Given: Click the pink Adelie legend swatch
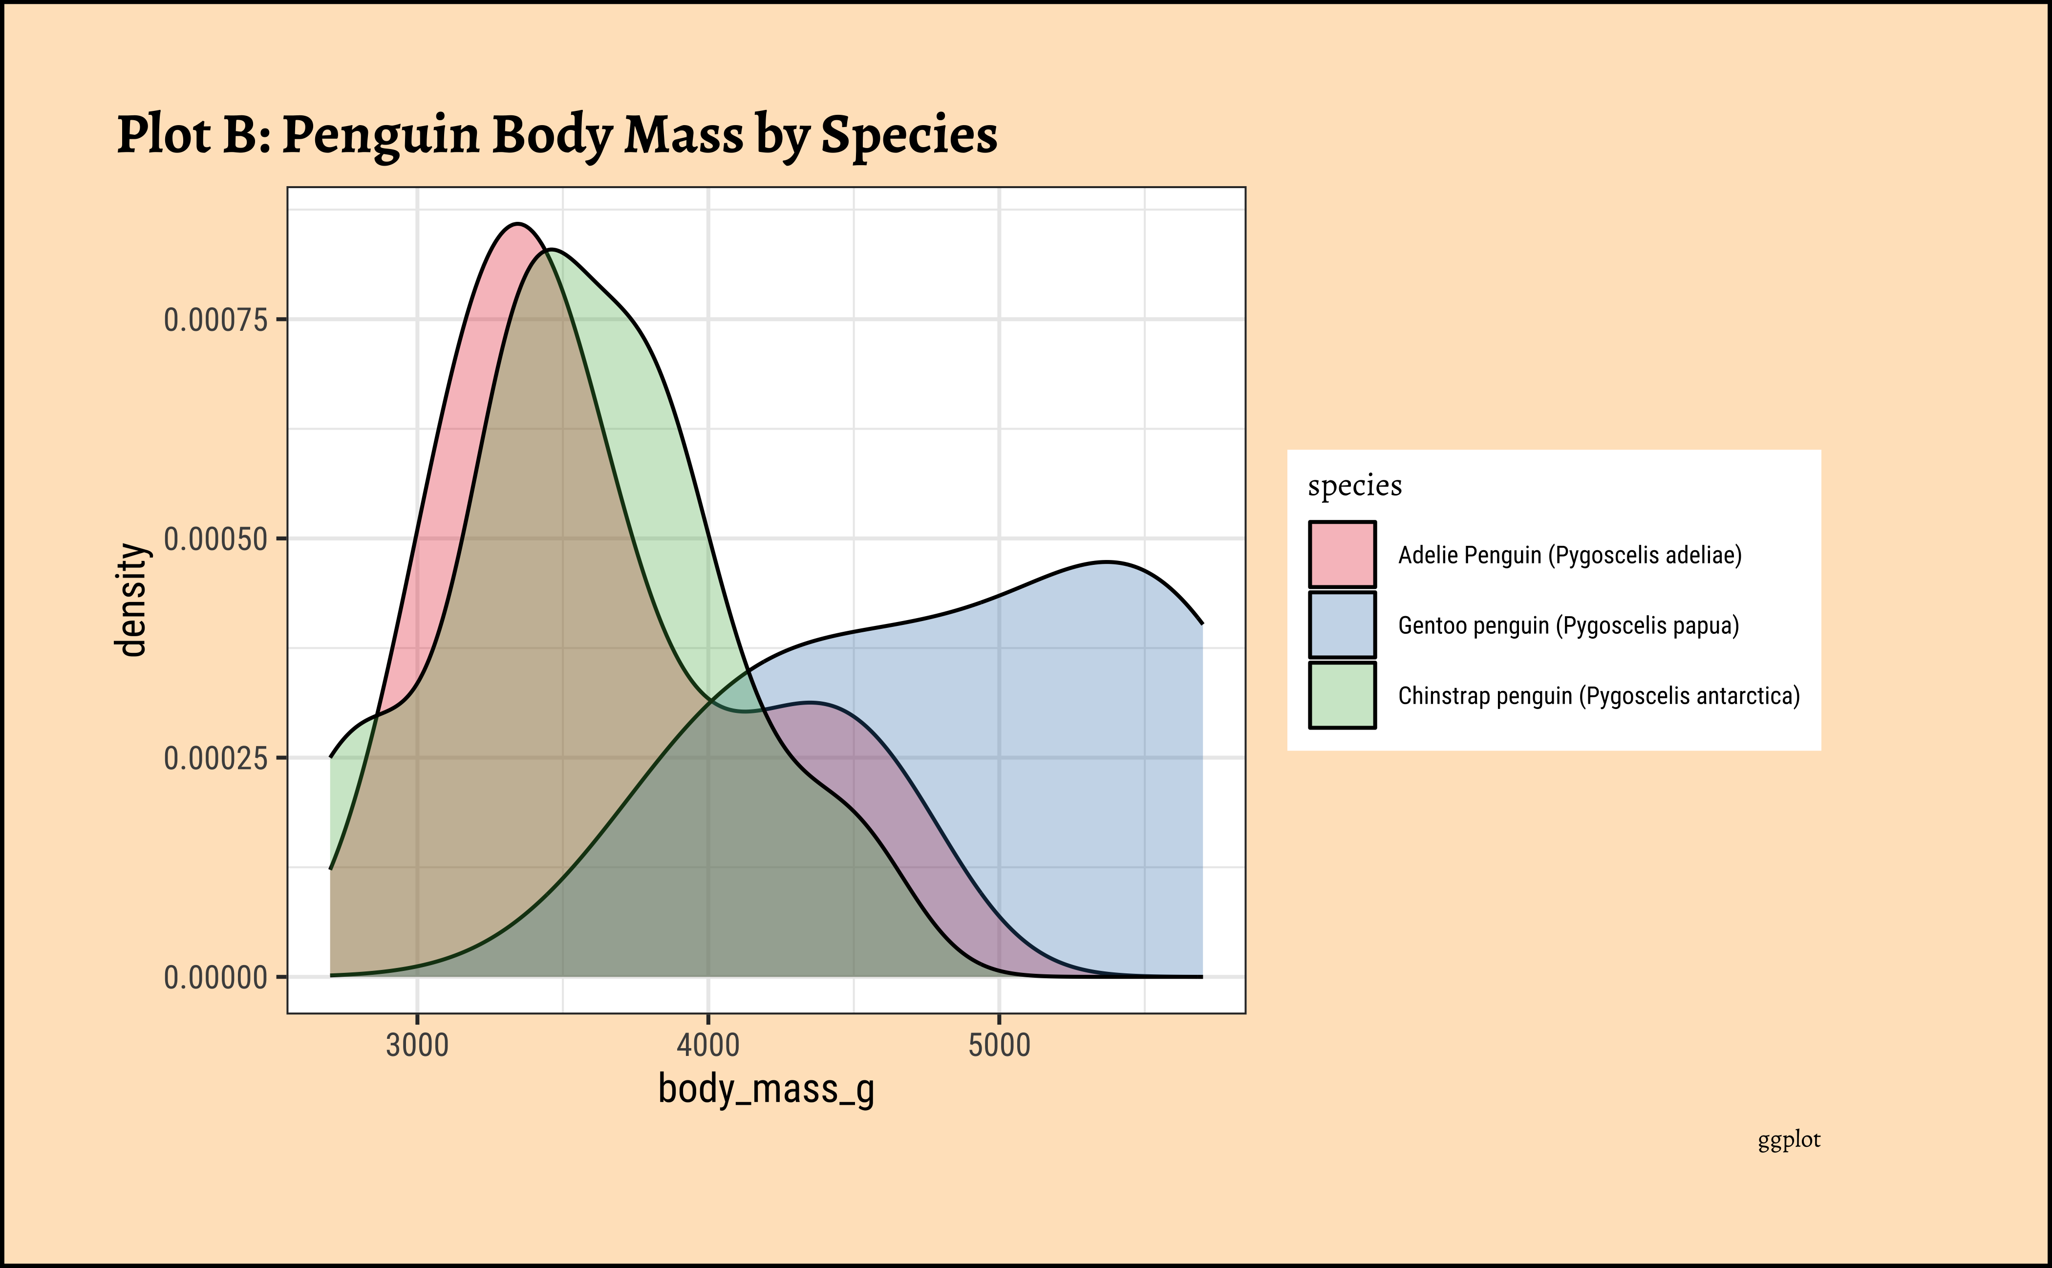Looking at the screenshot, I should tap(1342, 554).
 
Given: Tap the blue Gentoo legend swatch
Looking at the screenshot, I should tap(1342, 625).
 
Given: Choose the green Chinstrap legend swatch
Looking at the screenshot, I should tap(1342, 695).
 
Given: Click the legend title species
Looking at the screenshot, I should tap(1354, 486).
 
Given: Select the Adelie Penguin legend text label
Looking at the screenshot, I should tap(1570, 555).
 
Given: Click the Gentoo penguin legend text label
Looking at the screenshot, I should tap(1568, 625).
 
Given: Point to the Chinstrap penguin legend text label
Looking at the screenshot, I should tap(1598, 696).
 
